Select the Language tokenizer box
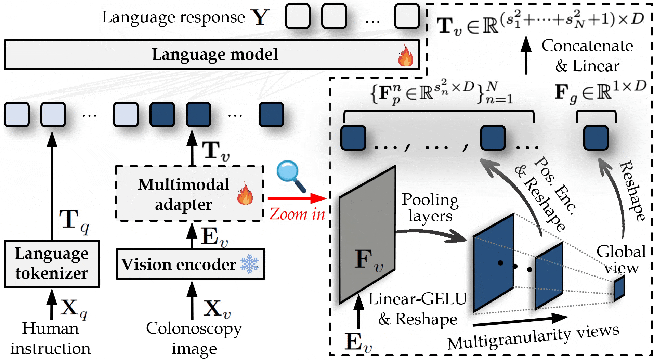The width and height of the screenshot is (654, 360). pos(52,264)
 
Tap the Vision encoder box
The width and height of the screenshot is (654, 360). pos(190,264)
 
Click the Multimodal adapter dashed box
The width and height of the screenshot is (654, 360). pos(189,194)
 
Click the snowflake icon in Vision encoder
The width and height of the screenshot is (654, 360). pos(250,264)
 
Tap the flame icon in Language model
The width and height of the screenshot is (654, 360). pos(405,55)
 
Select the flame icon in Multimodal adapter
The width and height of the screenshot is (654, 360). pos(245,194)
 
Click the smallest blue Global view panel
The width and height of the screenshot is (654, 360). pos(619,289)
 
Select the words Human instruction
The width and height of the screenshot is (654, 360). pos(50,338)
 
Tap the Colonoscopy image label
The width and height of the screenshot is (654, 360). pos(194,338)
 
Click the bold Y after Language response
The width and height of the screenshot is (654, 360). pos(260,17)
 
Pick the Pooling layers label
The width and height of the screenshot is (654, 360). pos(430,208)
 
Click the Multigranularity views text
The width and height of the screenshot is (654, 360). pos(533,337)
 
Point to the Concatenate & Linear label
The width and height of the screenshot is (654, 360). pos(587,56)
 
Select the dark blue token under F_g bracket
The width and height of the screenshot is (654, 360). pos(596,138)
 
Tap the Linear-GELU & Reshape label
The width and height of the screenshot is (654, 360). pos(417,309)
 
